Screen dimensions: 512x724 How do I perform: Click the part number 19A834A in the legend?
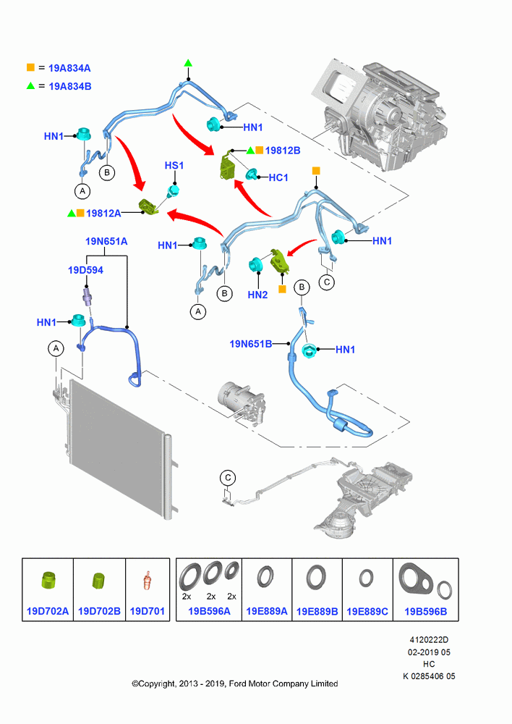click(69, 68)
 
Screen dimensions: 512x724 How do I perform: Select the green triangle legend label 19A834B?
click(69, 86)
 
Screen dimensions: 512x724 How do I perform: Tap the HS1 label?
click(174, 165)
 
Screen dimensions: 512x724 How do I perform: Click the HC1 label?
click(278, 177)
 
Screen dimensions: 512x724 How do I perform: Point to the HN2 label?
click(257, 295)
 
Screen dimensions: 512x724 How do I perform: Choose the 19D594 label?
click(85, 270)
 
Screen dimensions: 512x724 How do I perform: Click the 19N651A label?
click(106, 242)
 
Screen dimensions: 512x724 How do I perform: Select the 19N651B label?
click(250, 344)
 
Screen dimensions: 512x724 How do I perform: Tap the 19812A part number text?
click(103, 214)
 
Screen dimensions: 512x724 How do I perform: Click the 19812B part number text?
click(282, 151)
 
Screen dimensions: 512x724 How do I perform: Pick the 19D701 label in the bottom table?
click(147, 611)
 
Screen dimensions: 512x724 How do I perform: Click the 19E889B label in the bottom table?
click(317, 611)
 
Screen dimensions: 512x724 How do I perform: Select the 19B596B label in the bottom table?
click(425, 611)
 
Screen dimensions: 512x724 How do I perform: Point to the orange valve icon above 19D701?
click(147, 581)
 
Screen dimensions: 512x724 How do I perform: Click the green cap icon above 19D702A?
click(48, 580)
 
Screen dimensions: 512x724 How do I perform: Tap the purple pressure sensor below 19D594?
click(87, 295)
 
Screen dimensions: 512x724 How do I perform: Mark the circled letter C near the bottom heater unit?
click(227, 478)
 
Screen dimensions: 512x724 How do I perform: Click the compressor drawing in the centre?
click(241, 401)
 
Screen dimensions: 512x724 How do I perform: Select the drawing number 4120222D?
click(429, 640)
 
